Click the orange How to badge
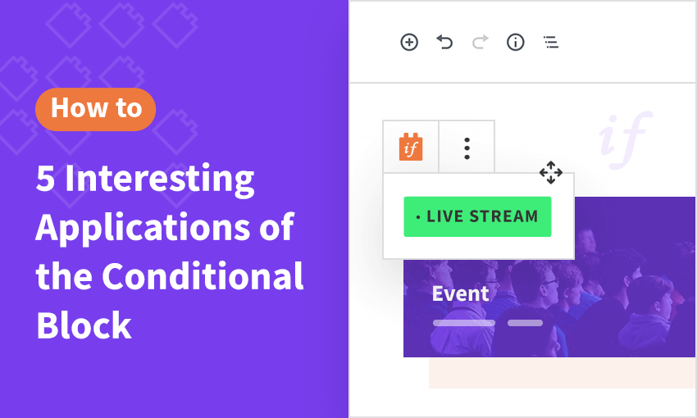pyautogui.click(x=96, y=109)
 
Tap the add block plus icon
pyautogui.click(x=409, y=42)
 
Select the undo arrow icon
pyautogui.click(x=444, y=42)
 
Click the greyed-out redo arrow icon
pyautogui.click(x=480, y=42)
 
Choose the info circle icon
pyautogui.click(x=516, y=42)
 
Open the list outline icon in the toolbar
pyautogui.click(x=551, y=42)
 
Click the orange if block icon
pyautogui.click(x=411, y=147)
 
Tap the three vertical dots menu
pyautogui.click(x=467, y=148)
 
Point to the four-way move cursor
pyautogui.click(x=551, y=172)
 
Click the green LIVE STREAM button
pyautogui.click(x=477, y=216)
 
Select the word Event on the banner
pyautogui.click(x=461, y=293)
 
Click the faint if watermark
pyautogui.click(x=626, y=139)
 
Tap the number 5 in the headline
pyautogui.click(x=45, y=179)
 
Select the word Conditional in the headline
pyautogui.click(x=203, y=276)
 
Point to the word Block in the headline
pyautogui.click(x=84, y=325)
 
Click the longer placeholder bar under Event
pyautogui.click(x=464, y=323)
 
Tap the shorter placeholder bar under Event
pyautogui.click(x=525, y=323)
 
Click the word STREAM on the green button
pyautogui.click(x=503, y=216)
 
